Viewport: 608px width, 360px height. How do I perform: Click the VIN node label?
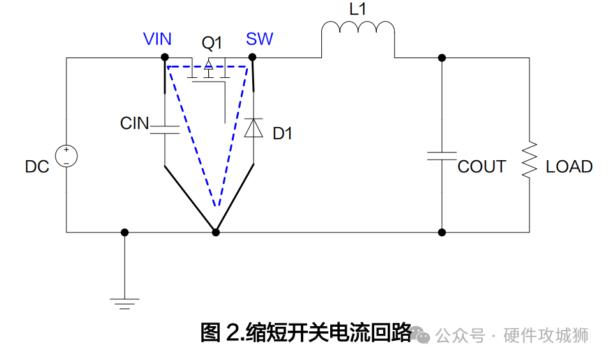[x=157, y=39]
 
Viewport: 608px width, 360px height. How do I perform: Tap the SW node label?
[x=259, y=39]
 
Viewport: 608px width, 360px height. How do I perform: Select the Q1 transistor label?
[x=211, y=43]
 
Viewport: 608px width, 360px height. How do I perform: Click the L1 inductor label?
[x=358, y=10]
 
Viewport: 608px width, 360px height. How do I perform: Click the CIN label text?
[x=134, y=123]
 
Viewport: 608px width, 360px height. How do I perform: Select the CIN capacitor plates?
[x=165, y=130]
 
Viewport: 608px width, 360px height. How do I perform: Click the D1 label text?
[x=282, y=133]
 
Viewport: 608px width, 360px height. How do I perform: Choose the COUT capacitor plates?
[x=441, y=155]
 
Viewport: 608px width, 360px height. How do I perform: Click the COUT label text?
[x=482, y=167]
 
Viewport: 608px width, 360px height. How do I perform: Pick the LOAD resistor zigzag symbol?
[x=529, y=160]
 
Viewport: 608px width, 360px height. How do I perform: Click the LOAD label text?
[x=569, y=167]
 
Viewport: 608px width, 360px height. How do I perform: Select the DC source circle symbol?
[x=66, y=156]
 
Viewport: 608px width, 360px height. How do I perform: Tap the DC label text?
[x=37, y=167]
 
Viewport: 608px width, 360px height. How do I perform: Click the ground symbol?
[x=125, y=302]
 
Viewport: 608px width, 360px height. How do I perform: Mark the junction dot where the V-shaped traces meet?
[x=216, y=232]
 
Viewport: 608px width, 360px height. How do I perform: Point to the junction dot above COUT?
[x=441, y=58]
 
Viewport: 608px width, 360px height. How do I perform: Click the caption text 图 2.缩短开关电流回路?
[x=306, y=333]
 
